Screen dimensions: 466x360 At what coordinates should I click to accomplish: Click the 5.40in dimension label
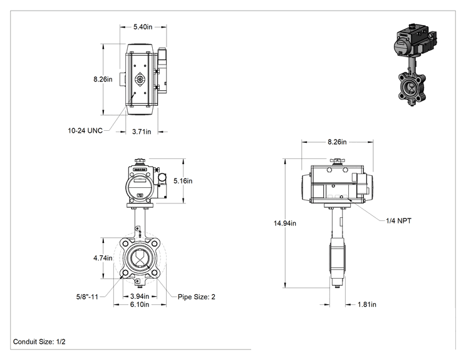[143, 27]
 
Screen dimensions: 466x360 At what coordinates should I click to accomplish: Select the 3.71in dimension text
[142, 131]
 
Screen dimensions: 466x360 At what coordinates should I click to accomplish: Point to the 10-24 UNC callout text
[85, 131]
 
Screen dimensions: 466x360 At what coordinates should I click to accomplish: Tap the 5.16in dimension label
[183, 181]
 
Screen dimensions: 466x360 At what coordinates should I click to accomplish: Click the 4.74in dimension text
[103, 258]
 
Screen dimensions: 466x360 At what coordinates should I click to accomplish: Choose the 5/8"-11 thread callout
[87, 297]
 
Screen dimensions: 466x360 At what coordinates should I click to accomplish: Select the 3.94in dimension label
[140, 296]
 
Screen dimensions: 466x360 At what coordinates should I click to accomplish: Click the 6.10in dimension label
[140, 304]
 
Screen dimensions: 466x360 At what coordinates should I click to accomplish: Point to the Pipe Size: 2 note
[197, 297]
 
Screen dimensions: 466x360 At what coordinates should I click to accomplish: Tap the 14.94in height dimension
[285, 223]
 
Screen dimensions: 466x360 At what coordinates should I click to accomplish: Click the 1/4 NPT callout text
[398, 220]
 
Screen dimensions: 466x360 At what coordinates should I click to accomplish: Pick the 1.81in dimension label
[367, 304]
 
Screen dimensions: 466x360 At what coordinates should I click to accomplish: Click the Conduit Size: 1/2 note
[39, 342]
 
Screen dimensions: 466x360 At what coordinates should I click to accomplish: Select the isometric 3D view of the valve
[415, 64]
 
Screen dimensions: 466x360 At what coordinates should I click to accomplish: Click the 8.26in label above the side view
[337, 142]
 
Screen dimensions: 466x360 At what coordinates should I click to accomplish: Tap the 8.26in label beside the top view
[103, 80]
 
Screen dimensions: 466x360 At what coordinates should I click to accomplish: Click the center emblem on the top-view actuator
[140, 80]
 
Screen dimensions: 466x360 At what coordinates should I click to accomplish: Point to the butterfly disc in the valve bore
[140, 258]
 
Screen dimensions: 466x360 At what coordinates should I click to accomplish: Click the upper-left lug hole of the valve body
[125, 244]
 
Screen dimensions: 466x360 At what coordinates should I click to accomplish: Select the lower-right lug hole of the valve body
[154, 272]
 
